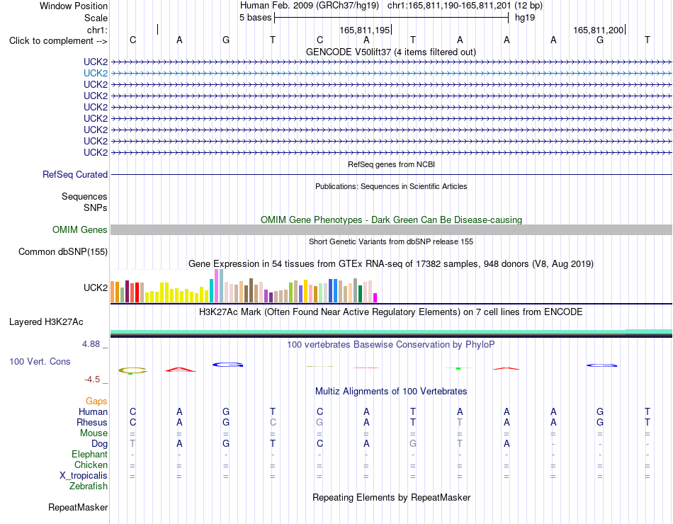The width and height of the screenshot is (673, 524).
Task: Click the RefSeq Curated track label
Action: [75, 175]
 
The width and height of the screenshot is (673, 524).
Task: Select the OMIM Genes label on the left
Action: [80, 229]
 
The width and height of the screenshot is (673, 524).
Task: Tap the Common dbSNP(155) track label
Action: [63, 251]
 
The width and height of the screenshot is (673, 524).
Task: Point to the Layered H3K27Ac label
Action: [46, 322]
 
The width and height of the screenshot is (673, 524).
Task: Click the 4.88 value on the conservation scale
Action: [91, 343]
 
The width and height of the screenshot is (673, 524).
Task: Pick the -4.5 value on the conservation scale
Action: [92, 380]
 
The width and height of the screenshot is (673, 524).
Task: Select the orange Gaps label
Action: [96, 401]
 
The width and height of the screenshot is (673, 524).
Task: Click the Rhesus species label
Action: [92, 422]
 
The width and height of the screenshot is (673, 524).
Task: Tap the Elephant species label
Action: [90, 454]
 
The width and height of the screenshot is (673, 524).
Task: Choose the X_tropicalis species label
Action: [84, 476]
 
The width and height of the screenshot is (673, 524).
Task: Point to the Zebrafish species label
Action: [89, 486]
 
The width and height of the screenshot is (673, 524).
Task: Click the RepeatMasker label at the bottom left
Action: [78, 507]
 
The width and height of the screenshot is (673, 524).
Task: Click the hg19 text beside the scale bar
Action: [524, 18]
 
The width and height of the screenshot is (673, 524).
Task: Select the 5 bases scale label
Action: [255, 18]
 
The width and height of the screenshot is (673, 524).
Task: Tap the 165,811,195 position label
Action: [364, 30]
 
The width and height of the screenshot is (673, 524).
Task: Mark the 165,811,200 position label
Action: [599, 30]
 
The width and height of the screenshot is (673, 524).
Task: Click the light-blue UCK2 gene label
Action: [96, 74]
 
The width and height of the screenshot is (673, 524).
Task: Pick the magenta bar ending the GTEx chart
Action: [375, 298]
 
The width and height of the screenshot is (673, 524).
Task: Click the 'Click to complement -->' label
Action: [58, 41]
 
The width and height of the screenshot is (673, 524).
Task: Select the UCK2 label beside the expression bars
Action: [96, 287]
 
